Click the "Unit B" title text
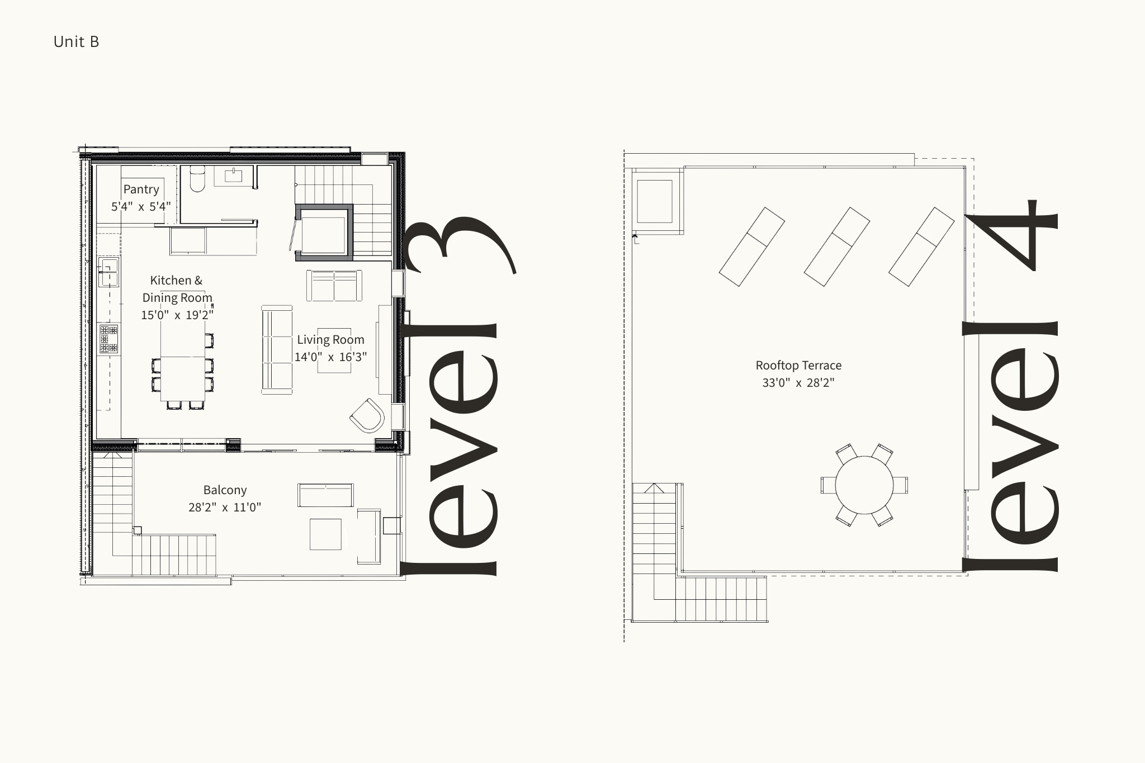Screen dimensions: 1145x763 [76, 42]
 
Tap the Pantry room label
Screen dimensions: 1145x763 [141, 189]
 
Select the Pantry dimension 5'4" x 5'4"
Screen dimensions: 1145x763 [141, 207]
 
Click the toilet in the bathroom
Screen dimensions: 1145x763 [197, 178]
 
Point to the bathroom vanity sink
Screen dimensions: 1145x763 [233, 176]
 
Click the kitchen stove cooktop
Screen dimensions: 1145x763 [109, 339]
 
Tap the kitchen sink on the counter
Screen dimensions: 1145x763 [108, 272]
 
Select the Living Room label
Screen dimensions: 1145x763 [330, 340]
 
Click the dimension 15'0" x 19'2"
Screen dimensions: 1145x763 [177, 315]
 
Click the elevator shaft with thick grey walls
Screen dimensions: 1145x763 [324, 232]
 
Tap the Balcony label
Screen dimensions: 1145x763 [225, 490]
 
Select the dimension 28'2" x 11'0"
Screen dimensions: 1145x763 [225, 508]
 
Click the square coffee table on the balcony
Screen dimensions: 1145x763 [325, 534]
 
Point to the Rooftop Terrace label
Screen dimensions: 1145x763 [798, 366]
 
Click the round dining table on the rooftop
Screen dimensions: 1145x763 [864, 485]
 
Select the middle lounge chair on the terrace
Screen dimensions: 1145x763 [836, 247]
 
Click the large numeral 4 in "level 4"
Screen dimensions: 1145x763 [1011, 235]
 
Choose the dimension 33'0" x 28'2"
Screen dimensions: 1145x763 [798, 383]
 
